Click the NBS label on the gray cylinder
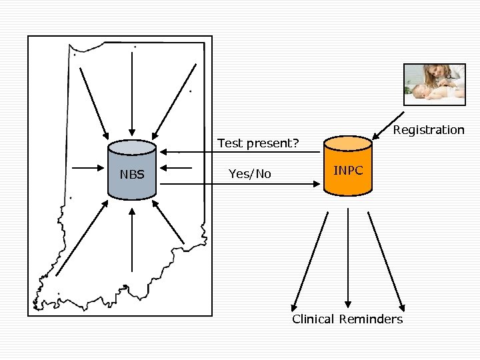click(x=132, y=175)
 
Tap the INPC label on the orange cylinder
click(x=348, y=171)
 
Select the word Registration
click(x=429, y=130)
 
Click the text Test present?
click(x=258, y=143)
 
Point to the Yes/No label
click(x=250, y=174)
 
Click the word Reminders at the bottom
click(x=371, y=319)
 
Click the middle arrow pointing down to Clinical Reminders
click(x=347, y=260)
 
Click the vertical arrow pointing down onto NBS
click(x=133, y=93)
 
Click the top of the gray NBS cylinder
click(x=133, y=147)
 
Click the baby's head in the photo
click(x=419, y=91)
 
